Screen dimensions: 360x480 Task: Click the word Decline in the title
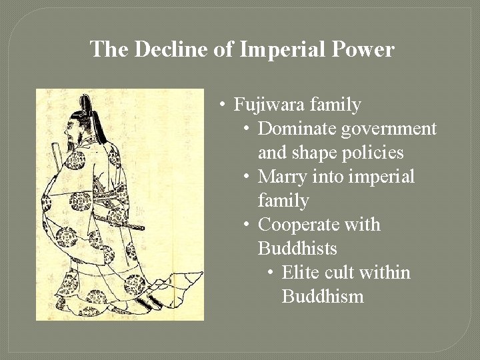click(164, 49)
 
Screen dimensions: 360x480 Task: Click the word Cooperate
click(295, 225)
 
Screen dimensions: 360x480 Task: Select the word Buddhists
click(297, 249)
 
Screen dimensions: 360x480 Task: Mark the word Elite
click(299, 273)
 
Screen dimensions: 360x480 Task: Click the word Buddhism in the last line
click(323, 297)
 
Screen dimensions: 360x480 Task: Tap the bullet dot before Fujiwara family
click(223, 105)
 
